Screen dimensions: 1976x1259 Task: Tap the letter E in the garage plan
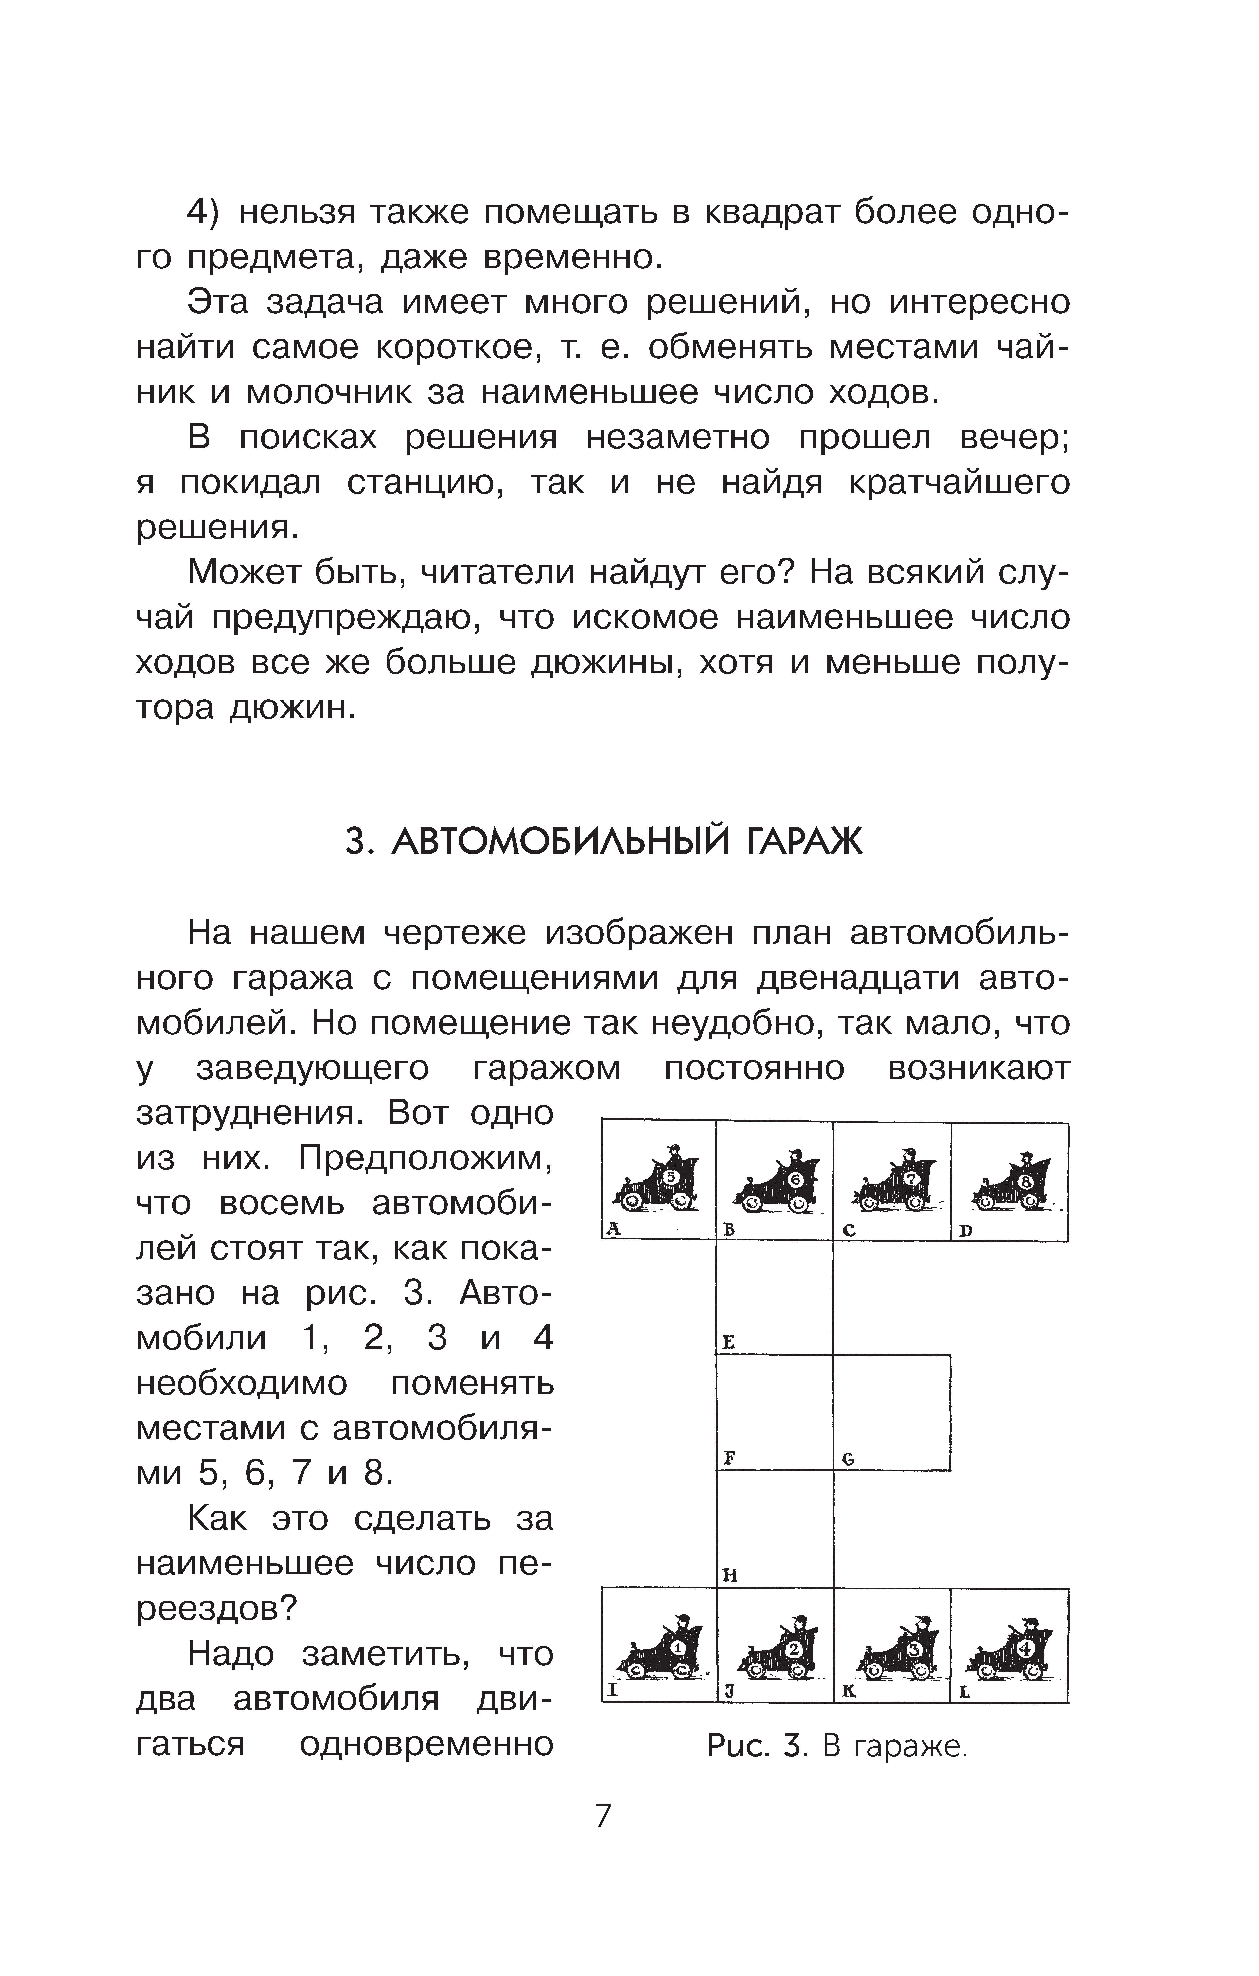(728, 1342)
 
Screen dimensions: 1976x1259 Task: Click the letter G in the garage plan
(849, 1459)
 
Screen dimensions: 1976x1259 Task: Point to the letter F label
(728, 1458)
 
